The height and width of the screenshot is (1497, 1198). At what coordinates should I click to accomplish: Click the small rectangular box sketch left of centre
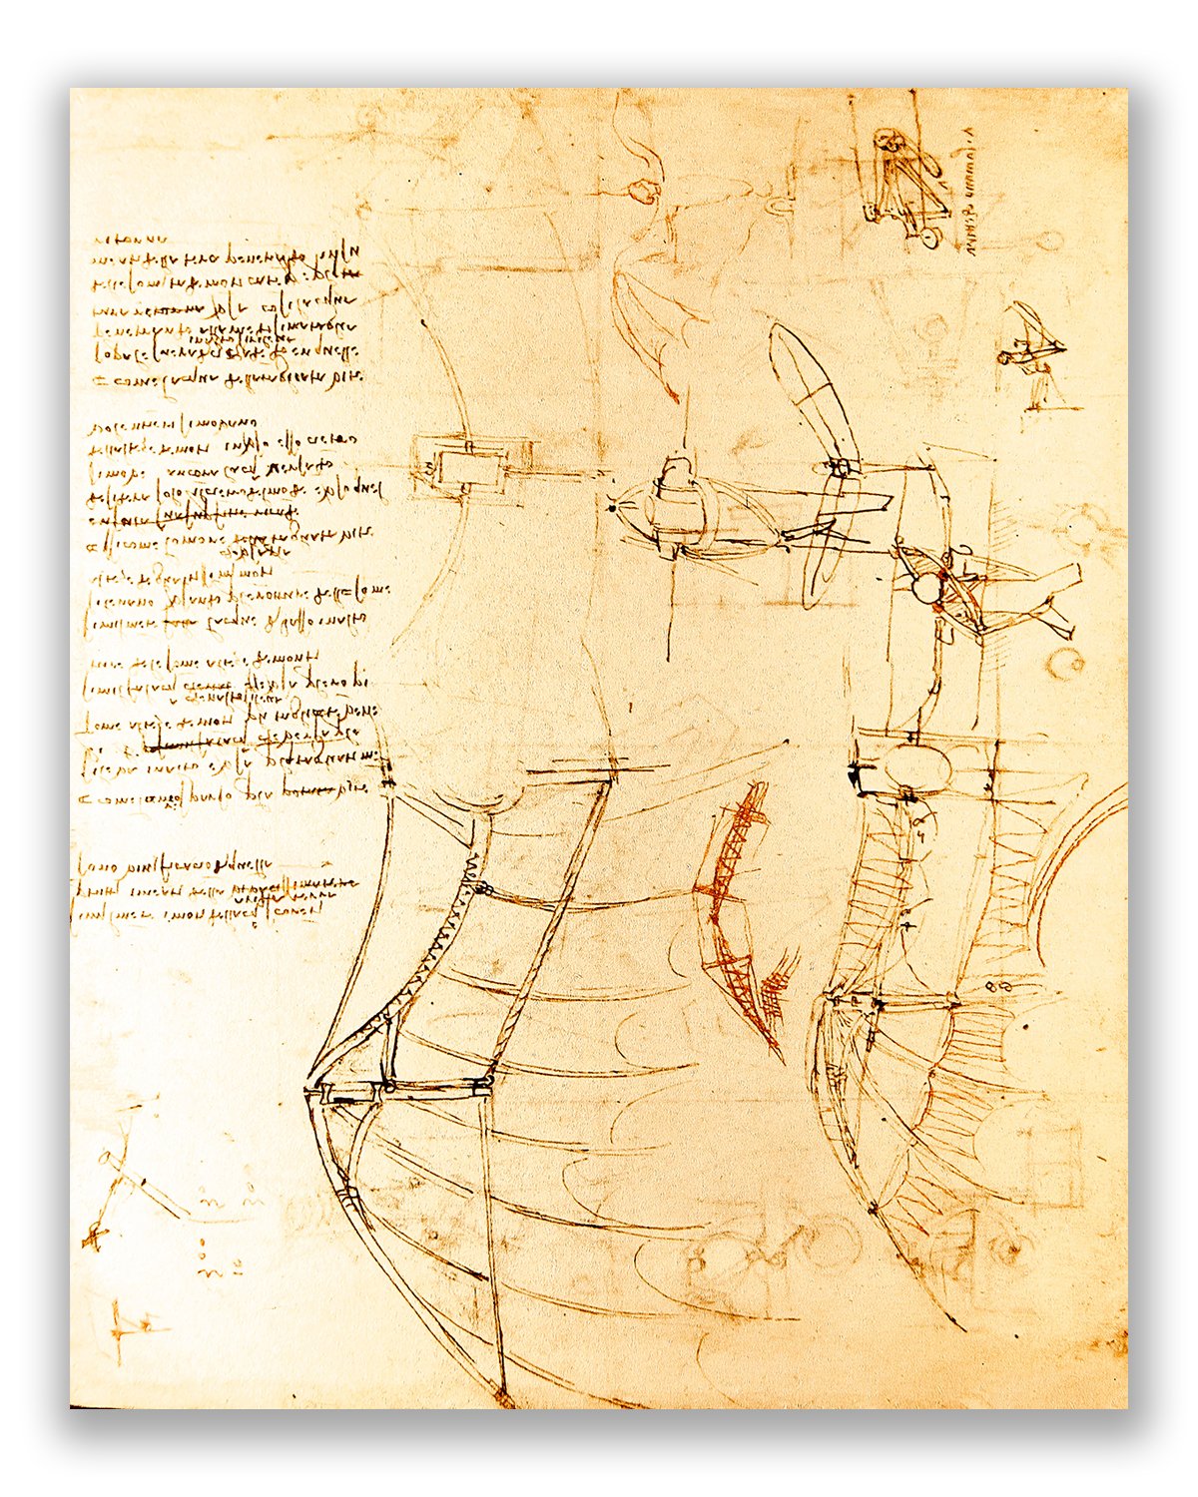click(462, 465)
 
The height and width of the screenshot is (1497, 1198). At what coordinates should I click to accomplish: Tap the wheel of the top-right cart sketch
click(929, 239)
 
